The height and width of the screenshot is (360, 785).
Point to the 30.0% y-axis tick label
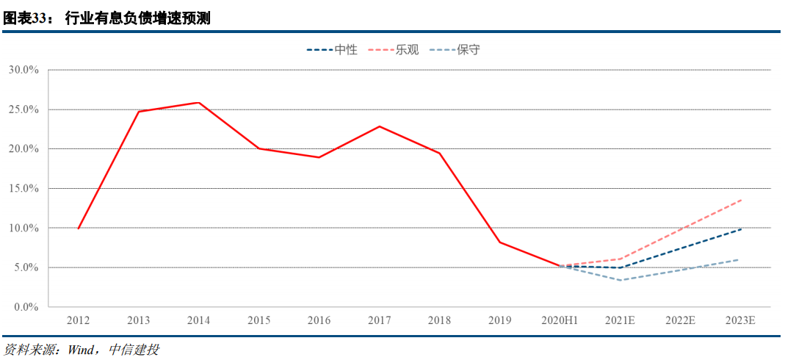(x=23, y=70)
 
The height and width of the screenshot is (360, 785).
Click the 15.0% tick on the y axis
(x=23, y=188)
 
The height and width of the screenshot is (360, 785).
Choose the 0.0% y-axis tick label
(x=26, y=306)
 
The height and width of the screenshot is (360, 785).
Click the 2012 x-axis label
(x=79, y=321)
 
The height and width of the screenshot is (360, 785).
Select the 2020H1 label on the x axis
(x=560, y=321)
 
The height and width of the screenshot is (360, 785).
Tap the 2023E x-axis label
(x=740, y=321)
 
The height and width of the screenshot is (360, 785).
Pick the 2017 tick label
(x=379, y=321)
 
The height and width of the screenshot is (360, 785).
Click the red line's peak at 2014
(x=199, y=103)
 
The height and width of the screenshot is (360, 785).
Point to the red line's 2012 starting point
(x=79, y=228)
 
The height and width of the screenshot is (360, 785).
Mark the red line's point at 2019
(x=499, y=242)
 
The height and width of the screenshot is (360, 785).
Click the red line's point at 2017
(x=379, y=126)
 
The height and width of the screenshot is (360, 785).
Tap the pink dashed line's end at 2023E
(x=740, y=200)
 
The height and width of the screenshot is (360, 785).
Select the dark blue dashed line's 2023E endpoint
(x=740, y=229)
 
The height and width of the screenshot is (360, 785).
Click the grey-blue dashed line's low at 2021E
(x=620, y=280)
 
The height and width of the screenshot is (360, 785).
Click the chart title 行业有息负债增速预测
(x=138, y=18)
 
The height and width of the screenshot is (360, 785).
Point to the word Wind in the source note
(x=79, y=350)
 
